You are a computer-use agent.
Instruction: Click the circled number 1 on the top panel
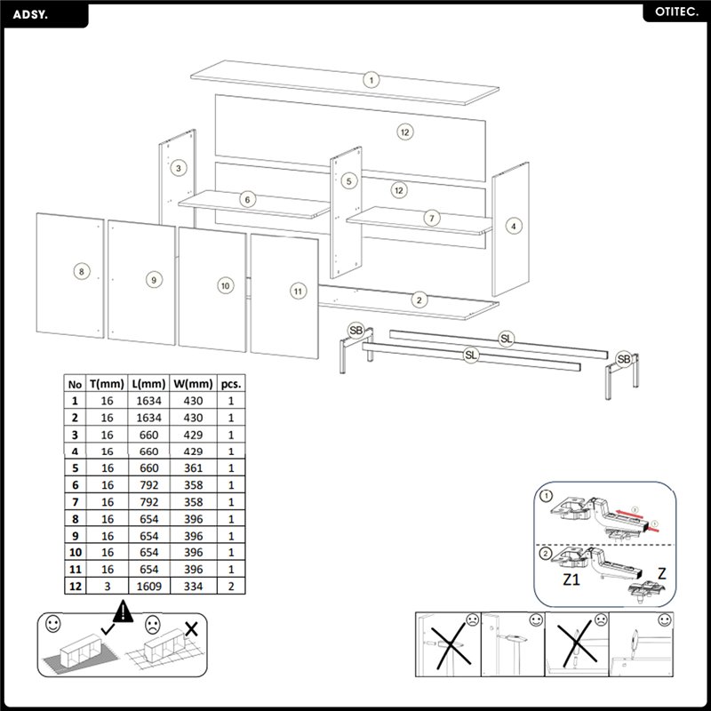[371, 79]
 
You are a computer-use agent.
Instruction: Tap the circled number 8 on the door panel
[81, 271]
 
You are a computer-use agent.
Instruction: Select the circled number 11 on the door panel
[298, 290]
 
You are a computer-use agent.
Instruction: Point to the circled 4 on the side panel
[513, 227]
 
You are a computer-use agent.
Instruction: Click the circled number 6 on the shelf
[247, 200]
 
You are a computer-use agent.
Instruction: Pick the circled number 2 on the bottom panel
[419, 300]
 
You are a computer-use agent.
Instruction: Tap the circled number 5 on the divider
[348, 180]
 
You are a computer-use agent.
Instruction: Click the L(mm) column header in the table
[148, 384]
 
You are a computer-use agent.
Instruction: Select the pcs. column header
[231, 384]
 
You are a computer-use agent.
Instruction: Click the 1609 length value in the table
[148, 586]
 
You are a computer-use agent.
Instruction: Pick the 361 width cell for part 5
[194, 468]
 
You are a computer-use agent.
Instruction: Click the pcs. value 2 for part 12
[231, 586]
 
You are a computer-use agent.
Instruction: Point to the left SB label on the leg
[356, 331]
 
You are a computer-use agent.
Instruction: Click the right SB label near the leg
[625, 358]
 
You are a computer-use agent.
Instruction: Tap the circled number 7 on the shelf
[432, 218]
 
